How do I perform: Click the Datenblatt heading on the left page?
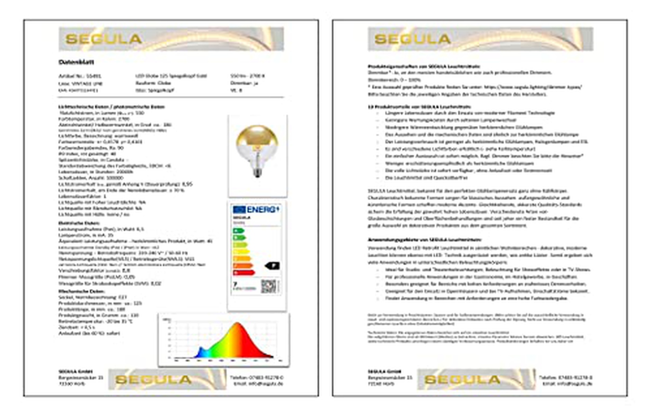[x=76, y=62]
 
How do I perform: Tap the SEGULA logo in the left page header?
[x=104, y=39]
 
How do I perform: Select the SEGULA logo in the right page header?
[x=412, y=39]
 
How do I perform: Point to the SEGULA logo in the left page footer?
[x=153, y=380]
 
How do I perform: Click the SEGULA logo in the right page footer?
[x=462, y=380]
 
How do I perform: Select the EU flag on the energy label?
[x=239, y=209]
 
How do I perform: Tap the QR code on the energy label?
[x=269, y=286]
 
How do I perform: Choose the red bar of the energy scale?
[x=244, y=273]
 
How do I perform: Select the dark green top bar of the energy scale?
[x=239, y=231]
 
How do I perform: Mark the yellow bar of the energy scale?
[x=241, y=252]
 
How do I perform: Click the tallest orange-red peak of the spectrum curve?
[x=238, y=326]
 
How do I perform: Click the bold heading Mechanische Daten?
[x=81, y=291]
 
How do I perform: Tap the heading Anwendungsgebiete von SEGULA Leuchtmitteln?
[x=424, y=240]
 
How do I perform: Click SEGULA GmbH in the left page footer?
[x=75, y=371]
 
